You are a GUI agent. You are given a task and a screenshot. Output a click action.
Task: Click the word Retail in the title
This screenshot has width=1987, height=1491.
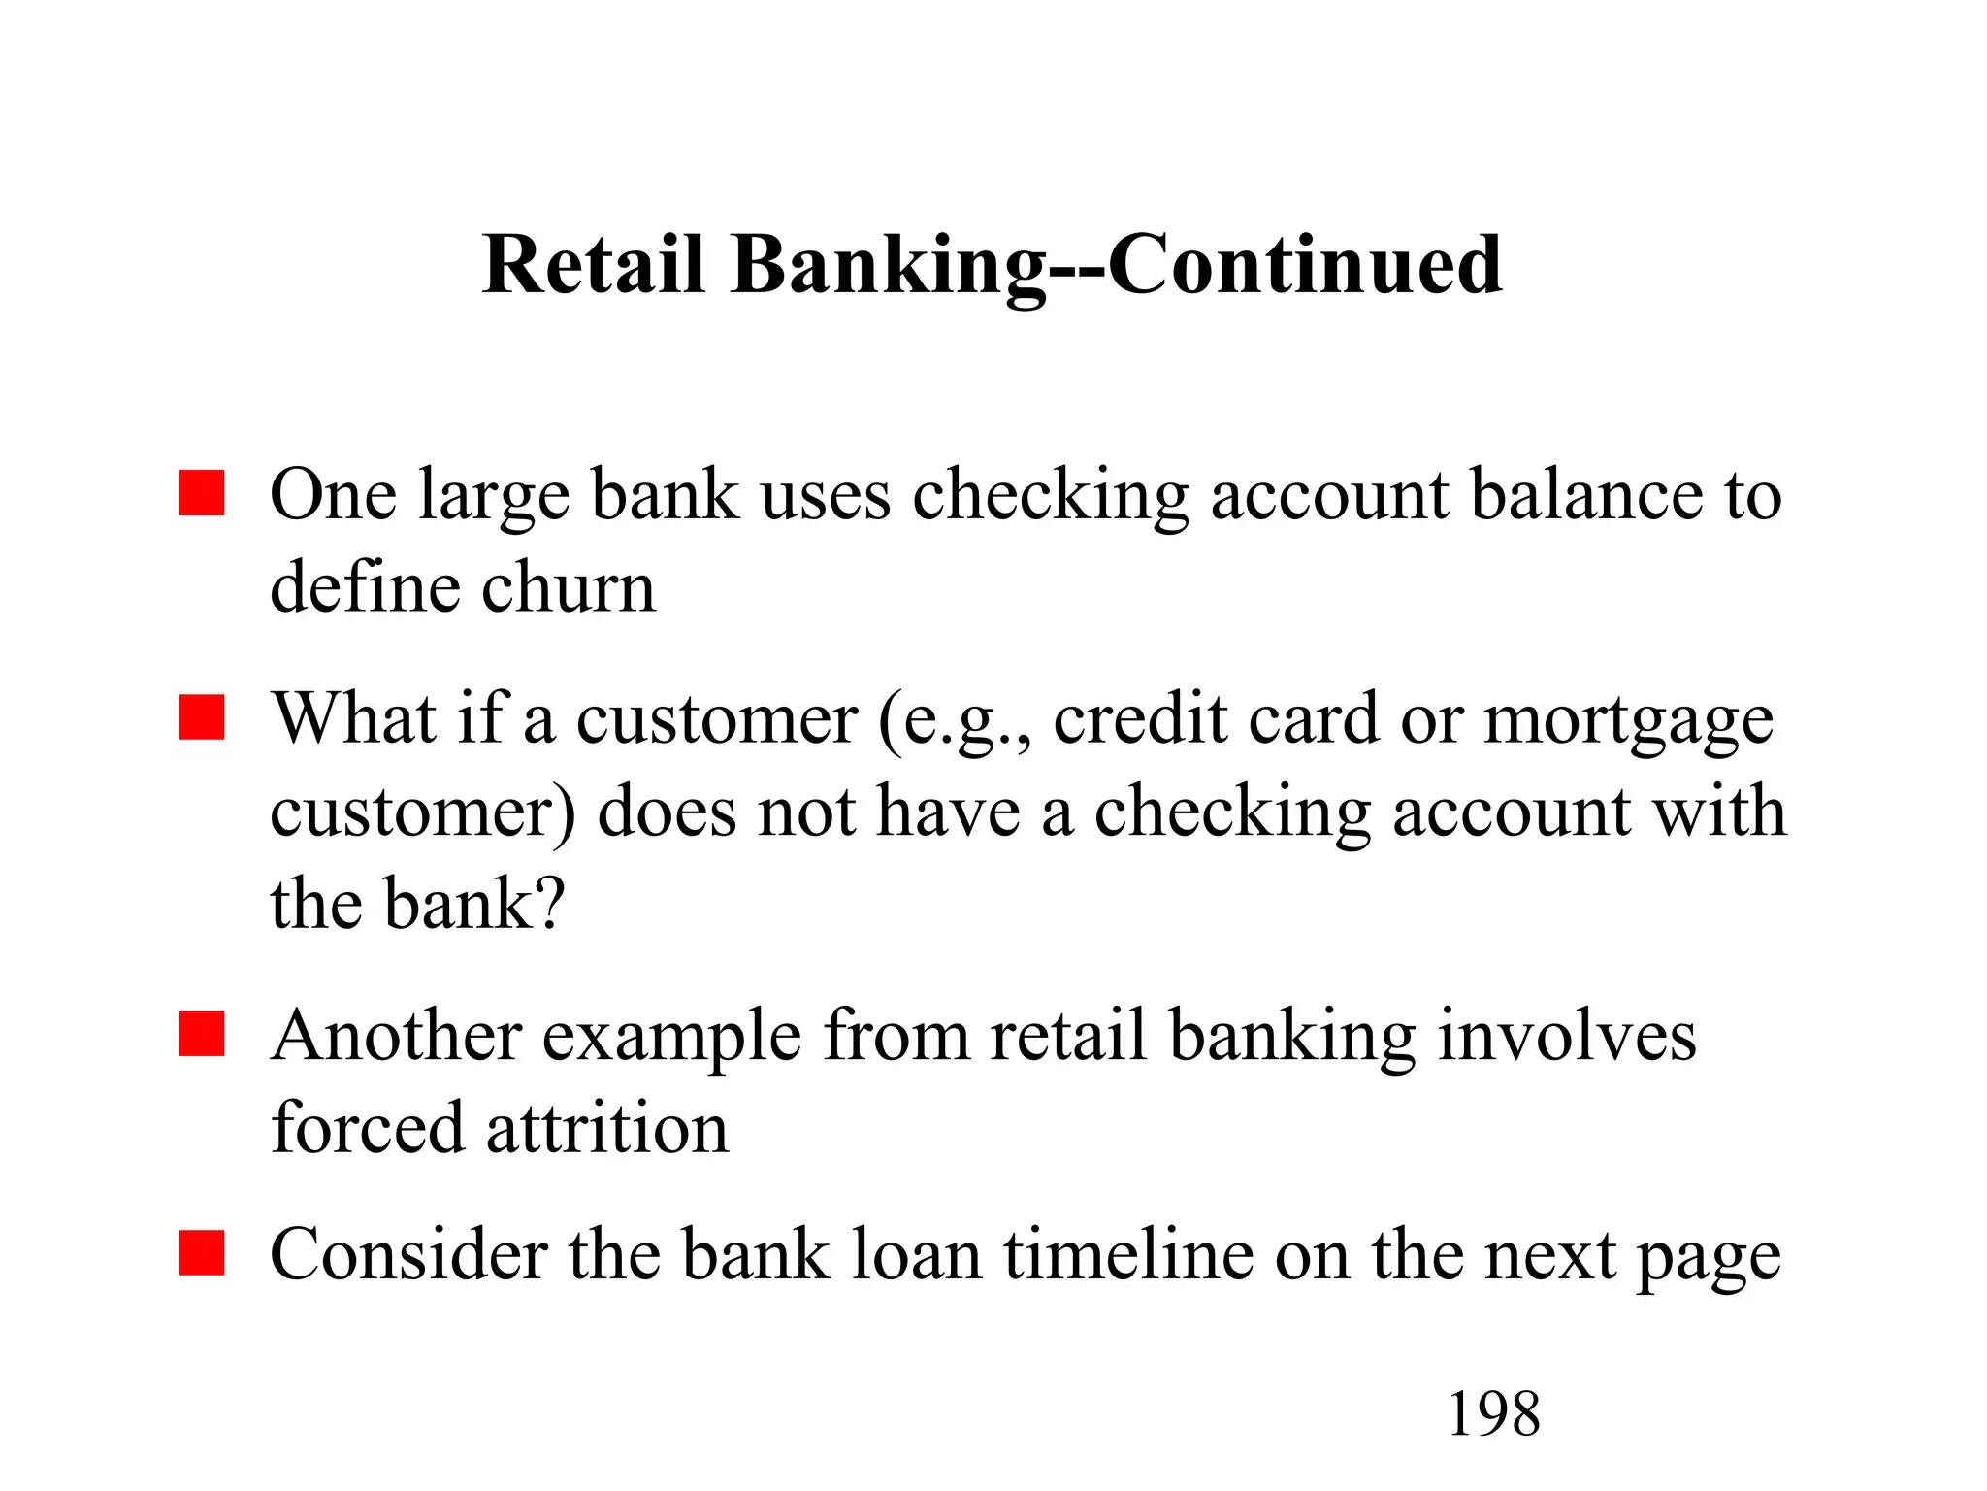pyautogui.click(x=593, y=264)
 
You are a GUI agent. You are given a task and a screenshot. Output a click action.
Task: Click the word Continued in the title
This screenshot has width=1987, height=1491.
pyautogui.click(x=1305, y=264)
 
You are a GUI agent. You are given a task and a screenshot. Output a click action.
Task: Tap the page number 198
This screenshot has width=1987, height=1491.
pyautogui.click(x=1493, y=1413)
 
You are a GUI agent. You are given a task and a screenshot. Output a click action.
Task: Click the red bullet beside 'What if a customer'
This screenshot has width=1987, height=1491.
pyautogui.click(x=202, y=717)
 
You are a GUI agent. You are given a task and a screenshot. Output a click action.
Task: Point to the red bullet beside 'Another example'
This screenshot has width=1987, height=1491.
pyautogui.click(x=202, y=1034)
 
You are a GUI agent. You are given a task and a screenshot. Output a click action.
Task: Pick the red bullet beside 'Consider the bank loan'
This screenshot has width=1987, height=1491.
pyautogui.click(x=202, y=1253)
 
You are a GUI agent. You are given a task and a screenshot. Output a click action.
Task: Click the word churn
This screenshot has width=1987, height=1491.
pyautogui.click(x=569, y=587)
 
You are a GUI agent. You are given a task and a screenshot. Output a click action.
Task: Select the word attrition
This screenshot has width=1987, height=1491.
pyautogui.click(x=606, y=1128)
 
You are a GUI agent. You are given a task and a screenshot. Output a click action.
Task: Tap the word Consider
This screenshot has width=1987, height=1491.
pyautogui.click(x=407, y=1254)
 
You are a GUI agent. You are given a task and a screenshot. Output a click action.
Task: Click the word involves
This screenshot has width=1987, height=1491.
pyautogui.click(x=1567, y=1035)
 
